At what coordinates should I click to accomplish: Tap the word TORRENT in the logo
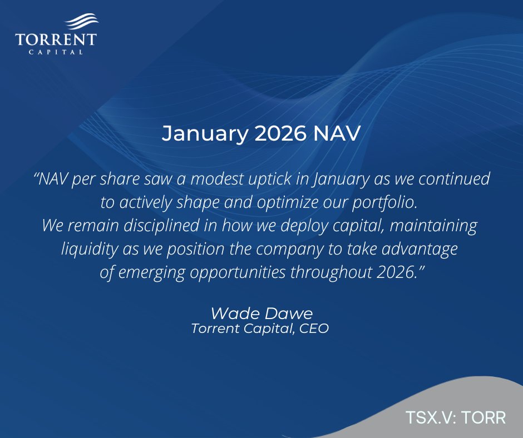point(56,39)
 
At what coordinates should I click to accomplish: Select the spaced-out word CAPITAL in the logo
point(56,52)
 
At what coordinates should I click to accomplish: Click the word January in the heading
point(205,134)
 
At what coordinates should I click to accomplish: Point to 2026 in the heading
point(280,133)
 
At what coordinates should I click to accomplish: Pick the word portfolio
point(385,203)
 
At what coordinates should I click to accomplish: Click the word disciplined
point(161,226)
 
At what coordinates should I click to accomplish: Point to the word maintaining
point(433,226)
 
